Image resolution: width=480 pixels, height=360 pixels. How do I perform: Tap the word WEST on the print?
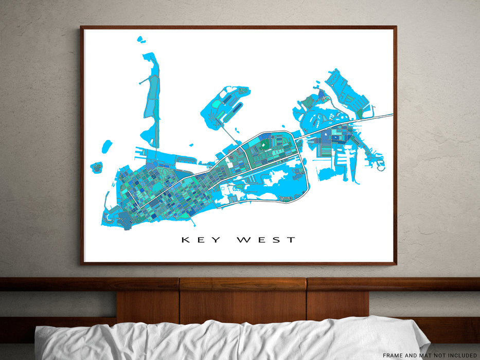click(x=266, y=240)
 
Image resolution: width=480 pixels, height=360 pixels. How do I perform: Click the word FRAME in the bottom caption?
click(x=394, y=355)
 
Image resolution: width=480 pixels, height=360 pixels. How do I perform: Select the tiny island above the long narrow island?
click(x=140, y=39)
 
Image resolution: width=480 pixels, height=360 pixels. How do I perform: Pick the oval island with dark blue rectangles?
click(x=225, y=105)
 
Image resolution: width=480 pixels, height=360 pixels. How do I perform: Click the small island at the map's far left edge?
click(x=96, y=167)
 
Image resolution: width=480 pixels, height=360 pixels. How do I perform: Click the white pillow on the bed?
click(x=232, y=339)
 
